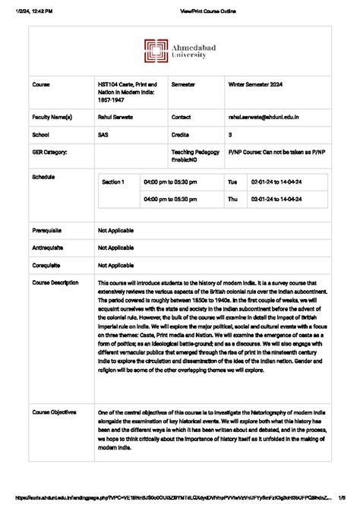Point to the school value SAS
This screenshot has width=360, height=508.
pyautogui.click(x=103, y=134)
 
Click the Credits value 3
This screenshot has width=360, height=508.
pyautogui.click(x=230, y=134)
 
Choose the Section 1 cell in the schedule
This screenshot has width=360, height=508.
pyautogui.click(x=115, y=181)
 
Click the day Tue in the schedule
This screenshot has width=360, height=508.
pyautogui.click(x=232, y=182)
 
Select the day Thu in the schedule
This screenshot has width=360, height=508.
pyautogui.click(x=232, y=199)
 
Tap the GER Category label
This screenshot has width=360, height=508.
pyautogui.click(x=49, y=151)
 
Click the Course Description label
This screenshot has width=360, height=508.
pyautogui.click(x=55, y=282)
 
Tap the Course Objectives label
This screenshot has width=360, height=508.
pyautogui.click(x=54, y=412)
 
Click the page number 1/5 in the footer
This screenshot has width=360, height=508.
pyautogui.click(x=343, y=500)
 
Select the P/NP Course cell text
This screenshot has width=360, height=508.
pyautogui.click(x=276, y=151)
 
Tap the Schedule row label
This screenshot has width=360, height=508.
pyautogui.click(x=43, y=175)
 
